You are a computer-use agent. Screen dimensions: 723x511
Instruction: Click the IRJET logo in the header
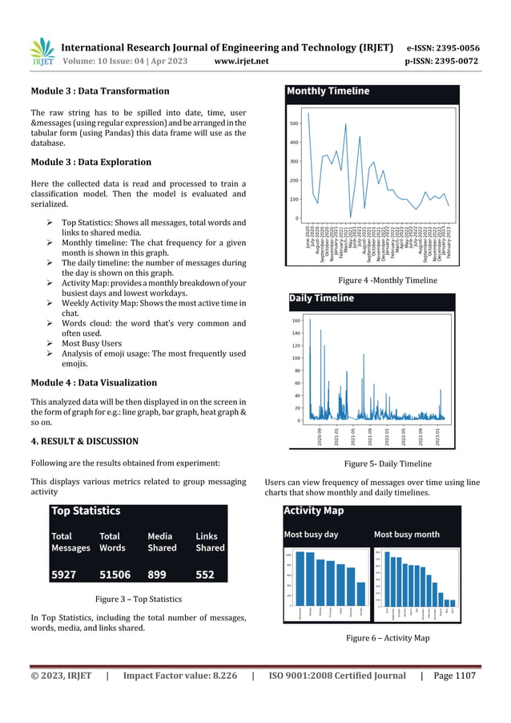(x=42, y=51)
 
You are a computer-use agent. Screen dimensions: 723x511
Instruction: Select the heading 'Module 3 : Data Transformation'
(x=99, y=91)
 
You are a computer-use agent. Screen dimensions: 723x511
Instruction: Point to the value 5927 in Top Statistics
(x=65, y=574)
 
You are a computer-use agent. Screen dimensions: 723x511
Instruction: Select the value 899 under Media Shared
(x=160, y=574)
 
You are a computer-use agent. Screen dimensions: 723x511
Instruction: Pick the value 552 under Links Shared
(x=208, y=574)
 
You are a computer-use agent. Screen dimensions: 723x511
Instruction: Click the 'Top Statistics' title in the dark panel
(x=86, y=511)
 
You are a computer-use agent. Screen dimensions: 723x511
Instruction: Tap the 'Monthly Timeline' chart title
(x=328, y=91)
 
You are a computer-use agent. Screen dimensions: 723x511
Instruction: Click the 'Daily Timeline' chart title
(x=321, y=298)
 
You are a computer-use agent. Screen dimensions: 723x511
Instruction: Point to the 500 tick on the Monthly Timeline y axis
(x=294, y=123)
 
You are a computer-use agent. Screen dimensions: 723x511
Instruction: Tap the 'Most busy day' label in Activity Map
(x=311, y=534)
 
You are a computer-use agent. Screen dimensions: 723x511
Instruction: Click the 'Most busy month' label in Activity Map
(x=406, y=534)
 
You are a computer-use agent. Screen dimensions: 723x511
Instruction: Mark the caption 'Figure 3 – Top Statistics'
(x=139, y=599)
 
